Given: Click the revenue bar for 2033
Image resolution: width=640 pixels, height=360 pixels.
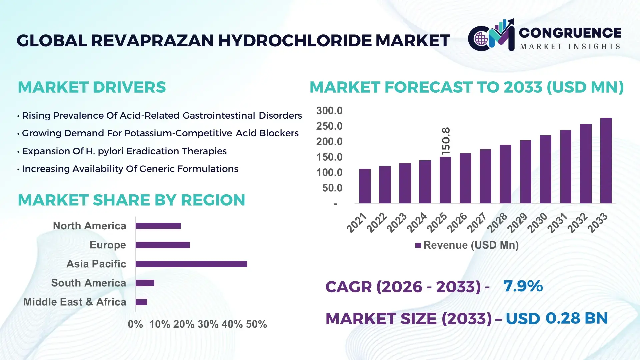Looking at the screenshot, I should click(x=606, y=161).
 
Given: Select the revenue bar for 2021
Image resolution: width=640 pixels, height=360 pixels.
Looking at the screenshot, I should click(x=365, y=186).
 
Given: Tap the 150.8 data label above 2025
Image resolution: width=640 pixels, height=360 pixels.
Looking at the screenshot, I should click(x=446, y=141).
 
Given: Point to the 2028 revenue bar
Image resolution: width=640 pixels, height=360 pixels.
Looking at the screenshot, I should click(x=505, y=174).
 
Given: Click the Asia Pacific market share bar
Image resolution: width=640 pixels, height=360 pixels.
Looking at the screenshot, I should click(x=191, y=264).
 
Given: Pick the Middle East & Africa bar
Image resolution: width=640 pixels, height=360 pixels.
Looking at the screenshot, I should click(x=141, y=302).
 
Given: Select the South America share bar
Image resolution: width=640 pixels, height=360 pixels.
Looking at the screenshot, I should click(x=145, y=283).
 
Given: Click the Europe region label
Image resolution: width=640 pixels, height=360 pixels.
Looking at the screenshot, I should click(x=108, y=245).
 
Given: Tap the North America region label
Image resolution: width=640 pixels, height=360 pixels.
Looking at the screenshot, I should click(x=89, y=226).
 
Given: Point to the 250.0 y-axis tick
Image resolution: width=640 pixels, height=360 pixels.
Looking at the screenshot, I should click(x=329, y=126).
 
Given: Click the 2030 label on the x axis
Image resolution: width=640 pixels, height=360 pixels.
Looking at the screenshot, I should click(x=537, y=222).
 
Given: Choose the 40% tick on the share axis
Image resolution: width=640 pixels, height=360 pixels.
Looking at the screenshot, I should click(x=232, y=324).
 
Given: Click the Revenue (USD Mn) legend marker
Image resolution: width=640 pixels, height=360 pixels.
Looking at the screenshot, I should click(x=418, y=246).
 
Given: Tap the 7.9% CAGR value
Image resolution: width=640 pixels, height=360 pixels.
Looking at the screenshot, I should click(x=523, y=286).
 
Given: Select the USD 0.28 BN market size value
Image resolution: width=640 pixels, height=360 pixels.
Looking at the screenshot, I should click(x=557, y=318).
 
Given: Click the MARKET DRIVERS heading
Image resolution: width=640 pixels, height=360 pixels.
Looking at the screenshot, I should click(x=92, y=87).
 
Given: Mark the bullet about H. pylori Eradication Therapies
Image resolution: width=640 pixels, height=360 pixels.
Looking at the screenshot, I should click(x=124, y=151).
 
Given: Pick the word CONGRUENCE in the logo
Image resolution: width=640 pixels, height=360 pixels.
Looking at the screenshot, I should click(x=570, y=33).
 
